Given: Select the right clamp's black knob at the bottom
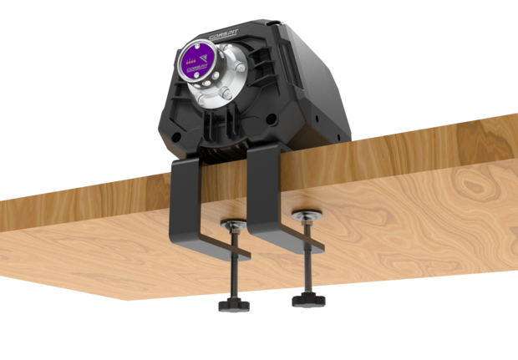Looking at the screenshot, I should click(307, 298).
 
